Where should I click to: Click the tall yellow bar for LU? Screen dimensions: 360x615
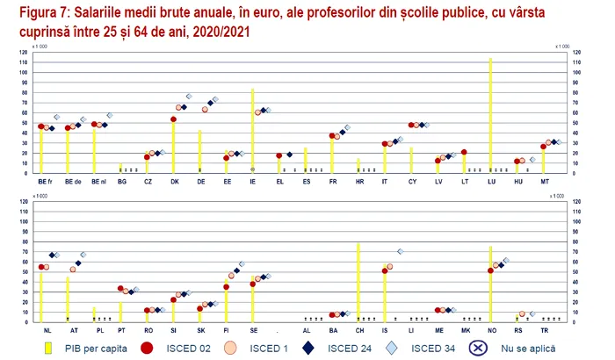[490, 114]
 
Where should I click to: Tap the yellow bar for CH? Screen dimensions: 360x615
[359, 281]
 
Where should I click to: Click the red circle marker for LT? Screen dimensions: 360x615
[464, 153]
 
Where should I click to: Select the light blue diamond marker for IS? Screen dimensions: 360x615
[400, 252]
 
